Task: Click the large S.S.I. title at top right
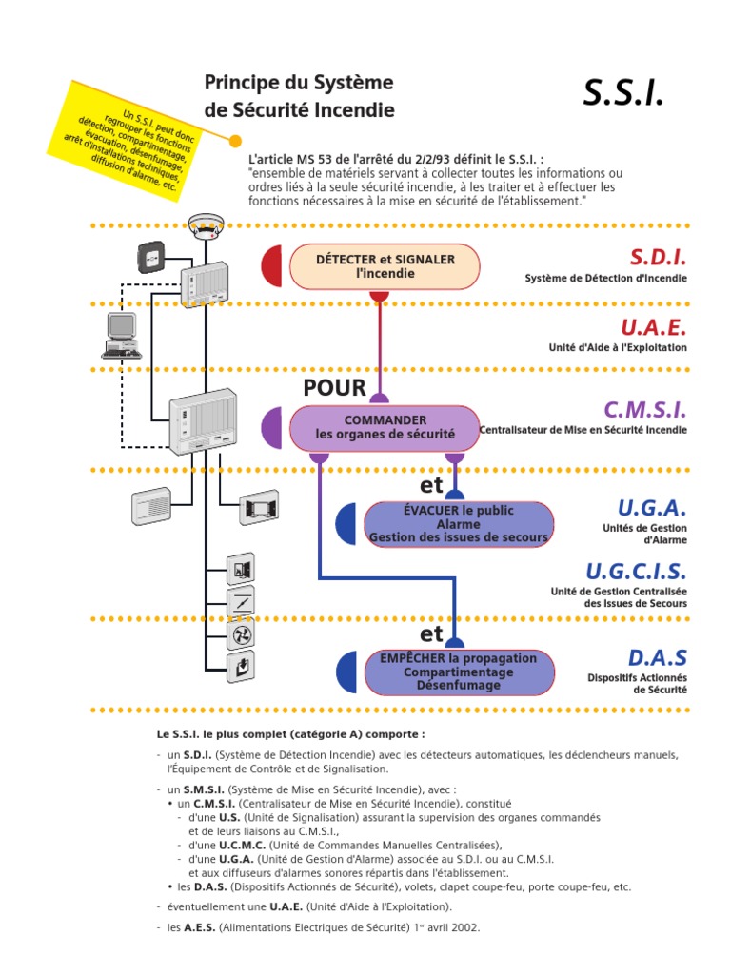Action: (x=622, y=94)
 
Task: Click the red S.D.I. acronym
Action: (x=657, y=257)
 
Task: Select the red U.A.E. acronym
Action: (x=653, y=327)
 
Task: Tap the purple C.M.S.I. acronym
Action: (x=644, y=410)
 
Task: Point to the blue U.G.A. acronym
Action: (x=650, y=507)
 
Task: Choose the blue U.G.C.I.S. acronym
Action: (x=635, y=571)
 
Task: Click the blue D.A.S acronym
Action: (x=657, y=657)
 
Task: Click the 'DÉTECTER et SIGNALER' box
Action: (x=385, y=266)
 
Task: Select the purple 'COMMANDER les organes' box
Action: (x=385, y=427)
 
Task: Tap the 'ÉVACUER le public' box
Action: (x=459, y=524)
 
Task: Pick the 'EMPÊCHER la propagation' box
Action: (x=459, y=672)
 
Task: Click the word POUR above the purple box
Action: (x=334, y=387)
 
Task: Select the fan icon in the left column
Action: (x=240, y=633)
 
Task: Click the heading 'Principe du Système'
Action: (x=298, y=83)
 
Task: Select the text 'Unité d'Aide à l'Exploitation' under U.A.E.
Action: (x=618, y=348)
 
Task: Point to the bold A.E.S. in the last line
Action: (x=197, y=927)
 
